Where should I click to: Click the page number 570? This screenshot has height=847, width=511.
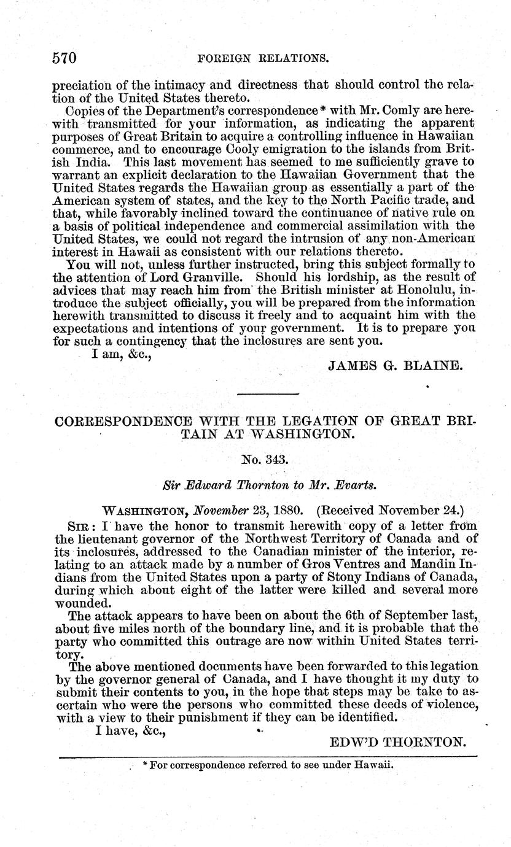point(64,58)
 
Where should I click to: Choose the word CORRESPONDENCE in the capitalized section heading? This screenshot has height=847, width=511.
point(123,422)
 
